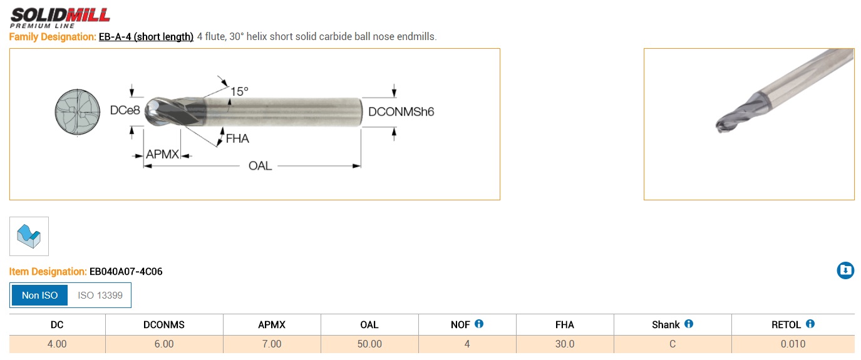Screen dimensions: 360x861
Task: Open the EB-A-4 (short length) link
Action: click(146, 37)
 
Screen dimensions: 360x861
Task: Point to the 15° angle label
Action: click(239, 91)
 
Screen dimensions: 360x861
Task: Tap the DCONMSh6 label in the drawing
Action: click(401, 112)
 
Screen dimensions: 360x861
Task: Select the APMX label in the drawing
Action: click(163, 154)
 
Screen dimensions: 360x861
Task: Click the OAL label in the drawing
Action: click(260, 166)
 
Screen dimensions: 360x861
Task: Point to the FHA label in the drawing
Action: click(237, 139)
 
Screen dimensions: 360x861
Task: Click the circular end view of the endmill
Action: click(77, 113)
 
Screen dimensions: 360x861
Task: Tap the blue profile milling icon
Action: click(29, 236)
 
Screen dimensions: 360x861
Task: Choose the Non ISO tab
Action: click(39, 295)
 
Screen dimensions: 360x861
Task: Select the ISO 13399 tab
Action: click(100, 295)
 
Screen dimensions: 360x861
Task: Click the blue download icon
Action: click(845, 270)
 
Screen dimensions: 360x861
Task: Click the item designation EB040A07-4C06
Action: click(126, 272)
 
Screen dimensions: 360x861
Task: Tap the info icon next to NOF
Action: click(479, 324)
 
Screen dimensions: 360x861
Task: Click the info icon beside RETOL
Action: click(810, 324)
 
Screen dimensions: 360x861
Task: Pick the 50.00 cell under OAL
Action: click(369, 344)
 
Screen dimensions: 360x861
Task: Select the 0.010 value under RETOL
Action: click(793, 344)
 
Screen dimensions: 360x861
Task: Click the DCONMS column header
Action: click(164, 324)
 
